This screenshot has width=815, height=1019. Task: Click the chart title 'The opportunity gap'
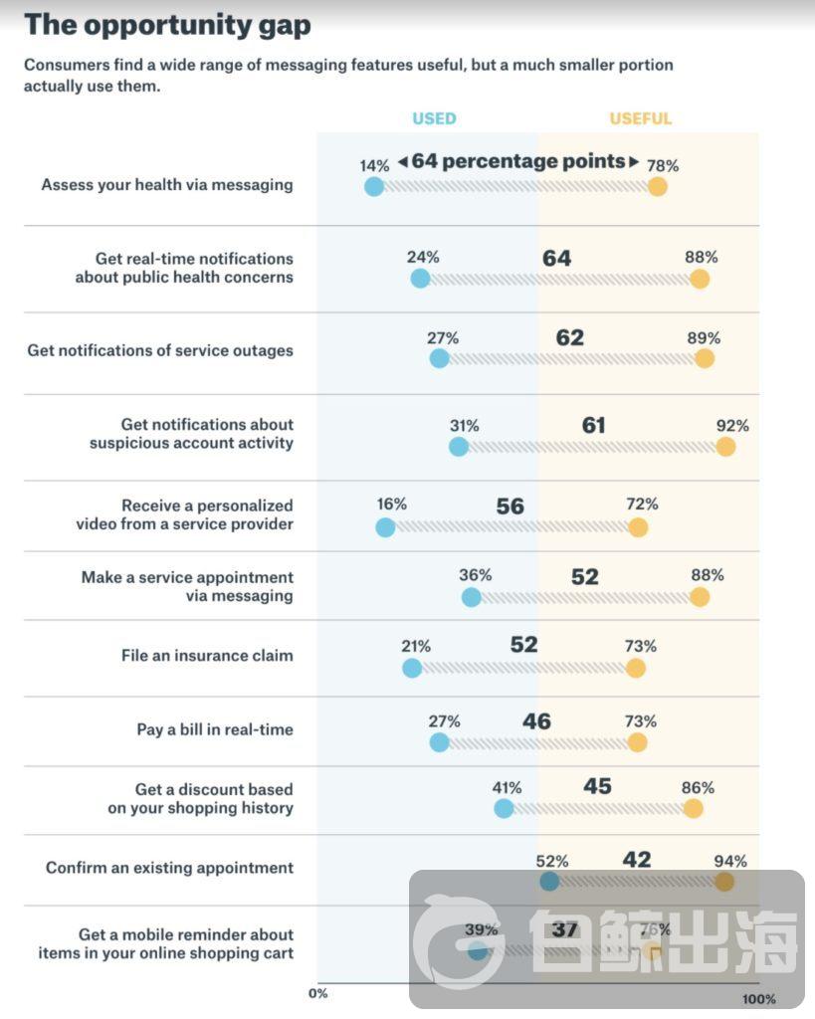tap(167, 24)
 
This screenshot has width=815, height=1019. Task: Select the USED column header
tap(434, 118)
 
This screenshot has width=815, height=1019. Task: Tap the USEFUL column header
tap(641, 118)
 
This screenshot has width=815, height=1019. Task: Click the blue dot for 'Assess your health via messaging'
tap(374, 186)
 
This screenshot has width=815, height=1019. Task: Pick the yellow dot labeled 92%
tap(725, 447)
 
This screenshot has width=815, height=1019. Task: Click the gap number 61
tap(594, 426)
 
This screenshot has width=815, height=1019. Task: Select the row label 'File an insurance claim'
tap(207, 656)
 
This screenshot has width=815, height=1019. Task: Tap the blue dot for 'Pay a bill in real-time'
tap(439, 742)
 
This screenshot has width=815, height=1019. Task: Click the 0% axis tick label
tap(317, 993)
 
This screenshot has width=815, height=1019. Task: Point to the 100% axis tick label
tap(758, 998)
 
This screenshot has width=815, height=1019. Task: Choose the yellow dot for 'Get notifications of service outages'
tap(705, 358)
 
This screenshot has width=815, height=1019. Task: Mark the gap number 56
tap(510, 506)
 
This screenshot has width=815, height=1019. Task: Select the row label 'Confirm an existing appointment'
tap(169, 868)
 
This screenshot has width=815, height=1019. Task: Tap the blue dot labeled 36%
tap(471, 597)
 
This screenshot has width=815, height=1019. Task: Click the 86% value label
tap(698, 788)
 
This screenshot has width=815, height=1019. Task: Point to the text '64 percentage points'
tap(517, 161)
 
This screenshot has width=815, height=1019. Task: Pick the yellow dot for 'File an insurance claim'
tap(636, 668)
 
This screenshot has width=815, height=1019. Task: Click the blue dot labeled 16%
tap(385, 527)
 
